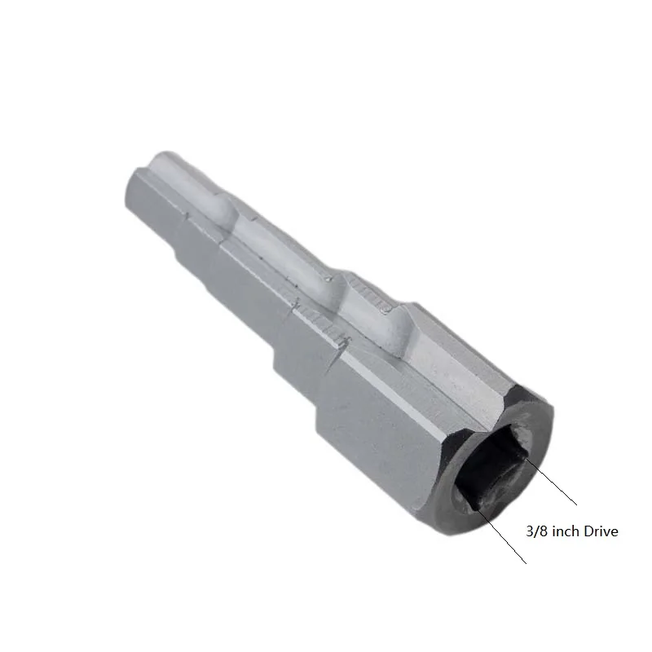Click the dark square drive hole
(x=491, y=469)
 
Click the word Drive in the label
(x=601, y=531)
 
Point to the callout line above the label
(x=552, y=482)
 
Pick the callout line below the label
(x=501, y=535)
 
